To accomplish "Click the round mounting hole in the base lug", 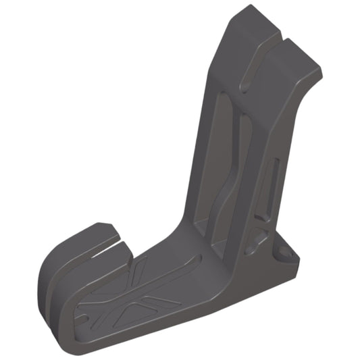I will pos(284,253).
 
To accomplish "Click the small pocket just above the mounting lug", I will pos(255,237).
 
